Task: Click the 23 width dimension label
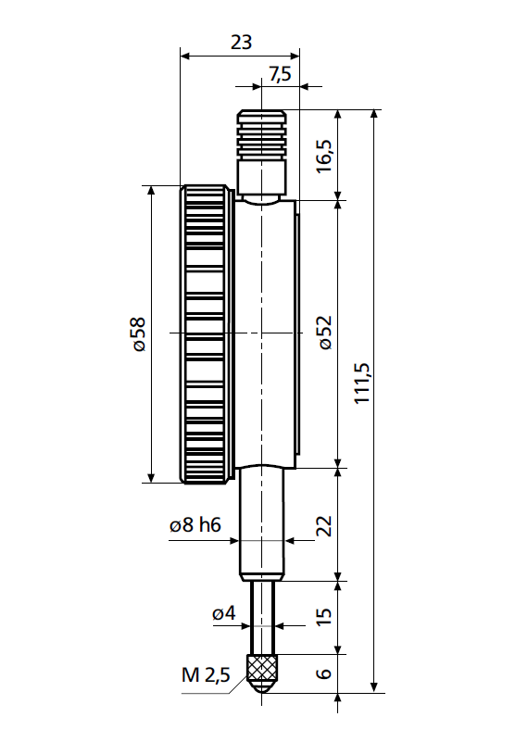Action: click(x=240, y=43)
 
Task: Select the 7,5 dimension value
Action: click(x=280, y=74)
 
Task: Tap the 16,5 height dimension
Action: click(x=323, y=153)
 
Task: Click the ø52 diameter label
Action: click(x=323, y=332)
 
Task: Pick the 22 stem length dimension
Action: click(x=323, y=525)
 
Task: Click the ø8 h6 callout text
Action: click(x=195, y=525)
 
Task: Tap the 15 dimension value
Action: click(x=323, y=618)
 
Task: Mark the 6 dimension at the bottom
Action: click(x=323, y=673)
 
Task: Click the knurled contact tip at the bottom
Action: click(x=262, y=670)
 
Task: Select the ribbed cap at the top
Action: click(x=261, y=134)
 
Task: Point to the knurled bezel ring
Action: click(x=205, y=333)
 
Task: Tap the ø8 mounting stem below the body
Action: click(x=262, y=523)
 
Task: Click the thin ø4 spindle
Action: click(x=262, y=616)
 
